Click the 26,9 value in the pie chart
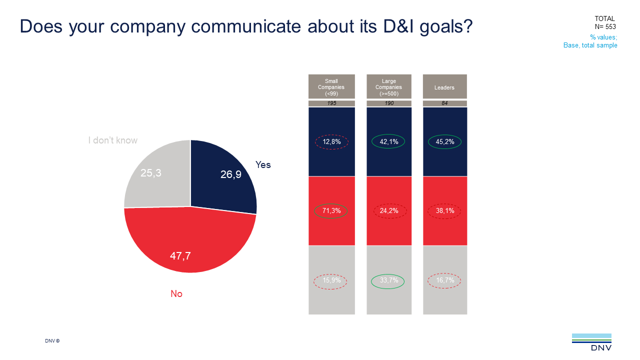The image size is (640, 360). pos(231,174)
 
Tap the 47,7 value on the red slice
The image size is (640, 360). pos(180,256)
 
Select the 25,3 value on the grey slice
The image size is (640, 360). pos(151,173)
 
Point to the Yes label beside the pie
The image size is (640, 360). pos(263,164)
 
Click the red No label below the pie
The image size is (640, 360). pos(176,294)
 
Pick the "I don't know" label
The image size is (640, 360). pos(112,140)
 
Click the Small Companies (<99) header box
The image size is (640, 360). pos(331,87)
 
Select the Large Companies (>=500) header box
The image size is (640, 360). pos(389,87)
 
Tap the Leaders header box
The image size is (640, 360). pos(444,87)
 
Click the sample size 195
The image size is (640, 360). pos(331,103)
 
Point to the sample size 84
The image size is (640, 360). pos(444,103)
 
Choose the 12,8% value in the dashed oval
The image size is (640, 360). pos(331,142)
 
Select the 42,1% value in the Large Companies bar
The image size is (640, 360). pos(388,142)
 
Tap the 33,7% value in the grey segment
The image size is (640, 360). pos(388,280)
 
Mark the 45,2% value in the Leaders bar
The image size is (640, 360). pos(444,142)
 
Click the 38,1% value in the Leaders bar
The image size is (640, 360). pos(444,211)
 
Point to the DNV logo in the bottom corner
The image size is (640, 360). pos(591,342)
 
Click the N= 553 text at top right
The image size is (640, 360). pos(605,27)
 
